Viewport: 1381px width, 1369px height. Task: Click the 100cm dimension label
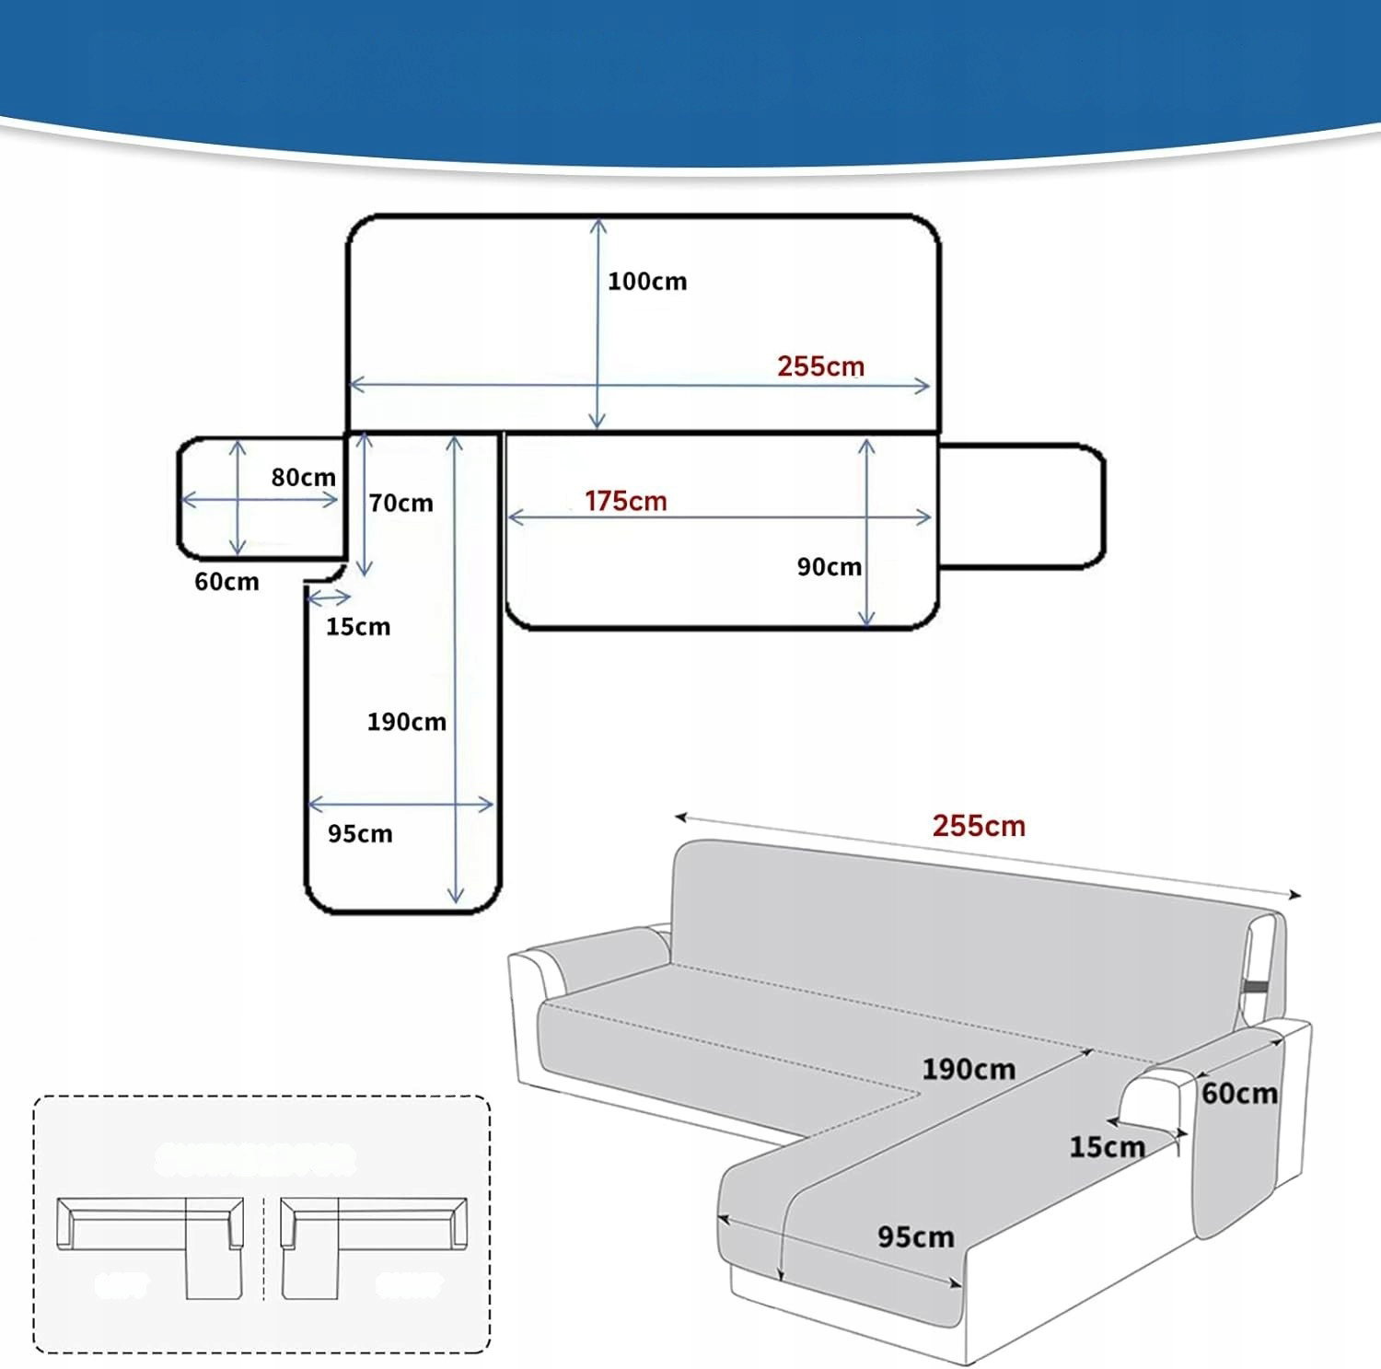point(646,282)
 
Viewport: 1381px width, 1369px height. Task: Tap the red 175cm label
point(625,502)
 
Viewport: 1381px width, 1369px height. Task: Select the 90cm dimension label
point(829,567)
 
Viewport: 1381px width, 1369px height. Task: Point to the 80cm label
point(303,478)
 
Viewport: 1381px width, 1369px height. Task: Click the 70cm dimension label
point(400,504)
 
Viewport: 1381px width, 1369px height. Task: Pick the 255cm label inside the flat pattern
point(820,366)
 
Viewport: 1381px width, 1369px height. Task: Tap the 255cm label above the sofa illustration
point(979,826)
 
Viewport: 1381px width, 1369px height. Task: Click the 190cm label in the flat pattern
point(406,722)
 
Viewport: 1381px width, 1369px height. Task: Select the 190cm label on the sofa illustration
point(969,1070)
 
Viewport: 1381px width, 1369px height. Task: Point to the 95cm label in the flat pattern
point(360,834)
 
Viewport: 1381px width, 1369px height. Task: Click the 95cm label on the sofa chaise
point(915,1237)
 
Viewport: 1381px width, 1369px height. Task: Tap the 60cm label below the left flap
point(226,582)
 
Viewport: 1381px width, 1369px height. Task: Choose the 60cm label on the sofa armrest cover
point(1239,1094)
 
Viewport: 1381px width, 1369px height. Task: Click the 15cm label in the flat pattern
point(357,627)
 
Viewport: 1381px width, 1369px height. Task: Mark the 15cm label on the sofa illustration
point(1107,1147)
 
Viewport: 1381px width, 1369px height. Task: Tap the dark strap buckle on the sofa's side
point(1253,988)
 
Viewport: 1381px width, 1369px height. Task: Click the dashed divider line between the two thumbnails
point(263,1247)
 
